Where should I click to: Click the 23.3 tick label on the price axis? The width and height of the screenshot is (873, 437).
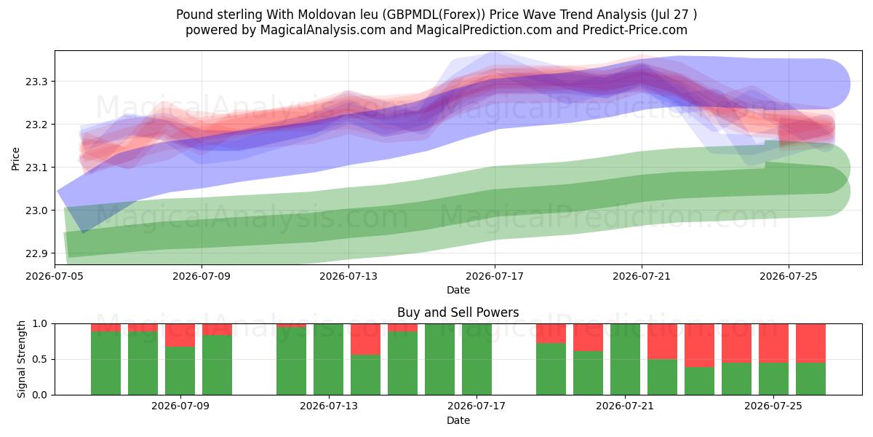pos(36,82)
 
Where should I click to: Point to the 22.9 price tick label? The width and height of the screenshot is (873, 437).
pos(36,253)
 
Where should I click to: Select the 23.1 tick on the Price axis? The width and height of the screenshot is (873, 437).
pos(36,168)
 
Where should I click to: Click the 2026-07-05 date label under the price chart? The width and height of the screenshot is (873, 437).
pos(55,276)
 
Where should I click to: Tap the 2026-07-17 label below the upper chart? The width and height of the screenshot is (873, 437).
pos(495,276)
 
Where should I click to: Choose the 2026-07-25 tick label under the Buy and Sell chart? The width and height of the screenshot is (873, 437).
pos(773,406)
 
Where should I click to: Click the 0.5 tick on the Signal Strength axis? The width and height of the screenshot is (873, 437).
pos(40,359)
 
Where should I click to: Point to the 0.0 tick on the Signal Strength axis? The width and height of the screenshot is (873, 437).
pos(40,395)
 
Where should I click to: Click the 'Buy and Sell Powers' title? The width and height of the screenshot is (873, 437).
pos(458,312)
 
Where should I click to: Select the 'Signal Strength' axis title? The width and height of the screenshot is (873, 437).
pos(21,359)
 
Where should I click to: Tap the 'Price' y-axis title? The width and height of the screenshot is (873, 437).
pos(15,160)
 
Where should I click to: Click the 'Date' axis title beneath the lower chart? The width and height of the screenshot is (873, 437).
pos(458,420)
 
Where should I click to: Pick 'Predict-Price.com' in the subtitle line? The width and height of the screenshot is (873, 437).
pos(635,30)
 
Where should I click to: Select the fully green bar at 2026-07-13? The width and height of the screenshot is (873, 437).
pos(328,359)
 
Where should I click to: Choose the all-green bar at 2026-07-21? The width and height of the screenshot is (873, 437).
pos(625,359)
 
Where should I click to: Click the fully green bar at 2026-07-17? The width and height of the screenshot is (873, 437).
pos(477,359)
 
